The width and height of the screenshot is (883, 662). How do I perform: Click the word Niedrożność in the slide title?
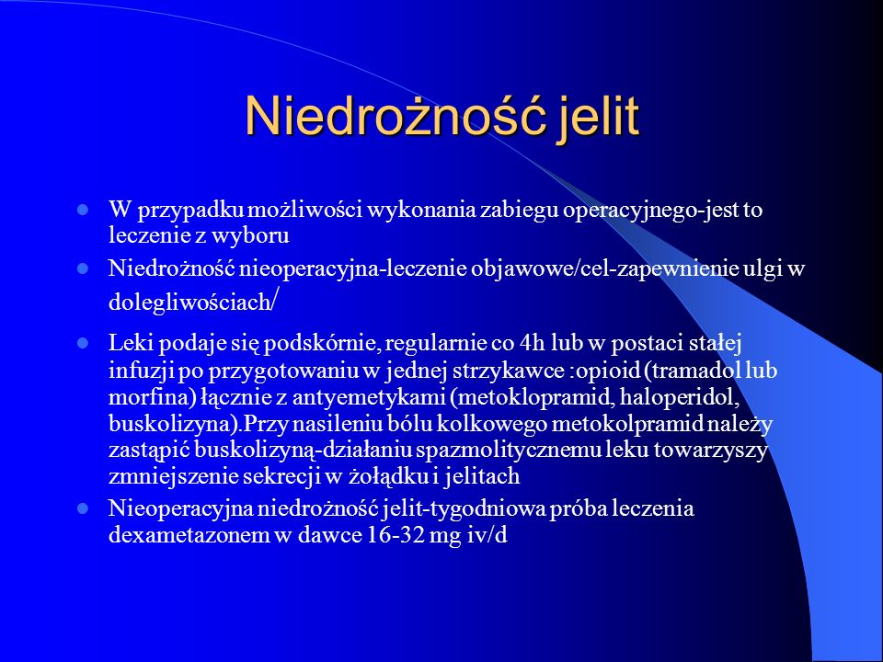[x=396, y=116]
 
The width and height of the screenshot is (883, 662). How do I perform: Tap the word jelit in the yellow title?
[x=599, y=116]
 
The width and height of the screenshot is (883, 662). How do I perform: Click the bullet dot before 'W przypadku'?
[x=83, y=211]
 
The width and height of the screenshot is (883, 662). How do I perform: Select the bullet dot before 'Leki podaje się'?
[x=83, y=343]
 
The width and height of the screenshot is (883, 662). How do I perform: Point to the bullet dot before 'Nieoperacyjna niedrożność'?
[x=83, y=508]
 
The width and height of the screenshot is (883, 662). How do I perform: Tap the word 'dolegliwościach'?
[x=189, y=302]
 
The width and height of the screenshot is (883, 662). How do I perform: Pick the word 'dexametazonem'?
[x=189, y=535]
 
